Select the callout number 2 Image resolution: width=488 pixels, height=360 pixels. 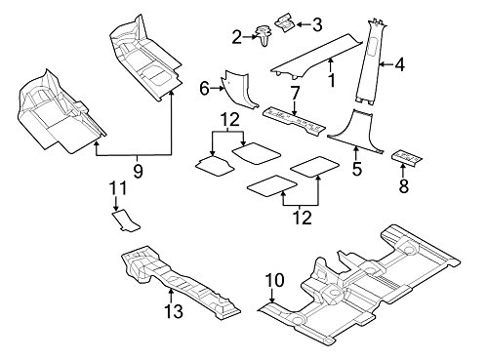pyautogui.click(x=237, y=37)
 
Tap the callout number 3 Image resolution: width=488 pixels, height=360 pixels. pyautogui.click(x=315, y=21)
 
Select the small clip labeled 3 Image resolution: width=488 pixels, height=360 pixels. pyautogui.click(x=285, y=20)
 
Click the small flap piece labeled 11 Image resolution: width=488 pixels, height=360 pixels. pyautogui.click(x=120, y=221)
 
